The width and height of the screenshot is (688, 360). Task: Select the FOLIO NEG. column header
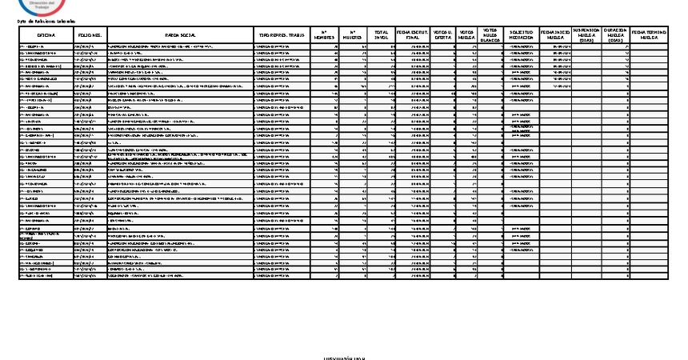pos(90,36)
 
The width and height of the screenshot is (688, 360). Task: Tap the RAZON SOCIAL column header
pos(179,36)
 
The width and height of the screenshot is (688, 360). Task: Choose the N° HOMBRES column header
pos(324,36)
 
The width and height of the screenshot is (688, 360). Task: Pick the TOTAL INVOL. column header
pos(382,36)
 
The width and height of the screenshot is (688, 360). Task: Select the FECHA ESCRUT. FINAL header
pos(413,36)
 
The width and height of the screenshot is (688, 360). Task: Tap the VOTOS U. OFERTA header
pos(442,36)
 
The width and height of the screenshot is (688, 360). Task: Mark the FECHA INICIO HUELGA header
pos(556,36)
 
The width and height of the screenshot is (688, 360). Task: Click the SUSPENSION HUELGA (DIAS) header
pos(586,36)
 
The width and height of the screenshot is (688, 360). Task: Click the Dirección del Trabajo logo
pos(39,6)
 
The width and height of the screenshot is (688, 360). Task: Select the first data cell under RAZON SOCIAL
pos(179,47)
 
